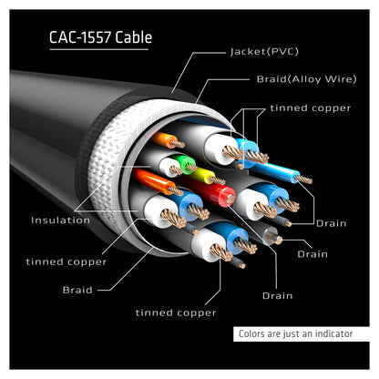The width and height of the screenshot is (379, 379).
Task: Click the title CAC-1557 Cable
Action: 100,37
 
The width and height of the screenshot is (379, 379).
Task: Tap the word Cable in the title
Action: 134,37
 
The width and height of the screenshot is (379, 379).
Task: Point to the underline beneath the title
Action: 98,49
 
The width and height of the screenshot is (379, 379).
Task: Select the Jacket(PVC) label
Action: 264,52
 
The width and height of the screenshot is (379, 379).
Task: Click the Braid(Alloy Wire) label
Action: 306,79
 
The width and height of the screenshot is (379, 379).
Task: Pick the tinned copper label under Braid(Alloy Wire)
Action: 311,108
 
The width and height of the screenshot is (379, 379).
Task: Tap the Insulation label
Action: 60,220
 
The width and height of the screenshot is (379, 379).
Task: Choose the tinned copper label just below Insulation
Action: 67,261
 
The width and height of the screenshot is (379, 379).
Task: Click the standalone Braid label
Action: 77,290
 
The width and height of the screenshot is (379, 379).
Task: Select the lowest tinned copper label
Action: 176,312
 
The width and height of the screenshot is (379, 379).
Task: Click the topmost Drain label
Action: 332,223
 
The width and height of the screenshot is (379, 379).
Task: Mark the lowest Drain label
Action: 278,296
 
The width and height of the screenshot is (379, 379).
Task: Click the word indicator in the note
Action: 333,333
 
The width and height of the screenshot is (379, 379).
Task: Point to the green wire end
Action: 189,163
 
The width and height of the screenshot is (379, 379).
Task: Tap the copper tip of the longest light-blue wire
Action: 304,179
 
